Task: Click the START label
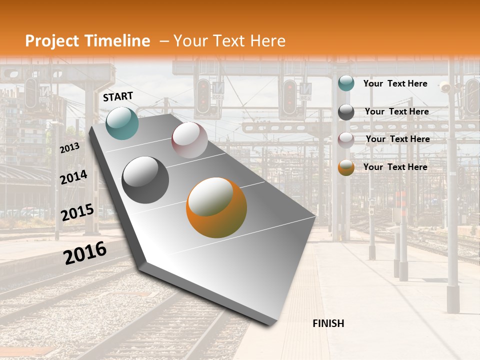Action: pyautogui.click(x=118, y=96)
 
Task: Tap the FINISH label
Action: pyautogui.click(x=328, y=323)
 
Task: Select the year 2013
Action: pyautogui.click(x=70, y=147)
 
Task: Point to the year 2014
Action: pyautogui.click(x=74, y=177)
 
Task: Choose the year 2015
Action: pyautogui.click(x=77, y=212)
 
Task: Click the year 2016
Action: pyautogui.click(x=85, y=252)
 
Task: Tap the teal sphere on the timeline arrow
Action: pyautogui.click(x=122, y=123)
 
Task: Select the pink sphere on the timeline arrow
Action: pyautogui.click(x=189, y=140)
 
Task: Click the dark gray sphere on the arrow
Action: pyautogui.click(x=145, y=180)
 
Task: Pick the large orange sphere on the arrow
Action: pyautogui.click(x=216, y=207)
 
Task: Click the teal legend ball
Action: pyautogui.click(x=346, y=83)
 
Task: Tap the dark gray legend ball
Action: pyautogui.click(x=346, y=112)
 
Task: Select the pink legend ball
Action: pyautogui.click(x=346, y=140)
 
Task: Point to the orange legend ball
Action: pyautogui.click(x=346, y=167)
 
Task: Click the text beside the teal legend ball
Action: pyautogui.click(x=395, y=83)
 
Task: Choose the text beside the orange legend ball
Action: pyautogui.click(x=395, y=167)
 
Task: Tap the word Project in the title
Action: pyautogui.click(x=52, y=41)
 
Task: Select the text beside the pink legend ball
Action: pyautogui.click(x=397, y=139)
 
